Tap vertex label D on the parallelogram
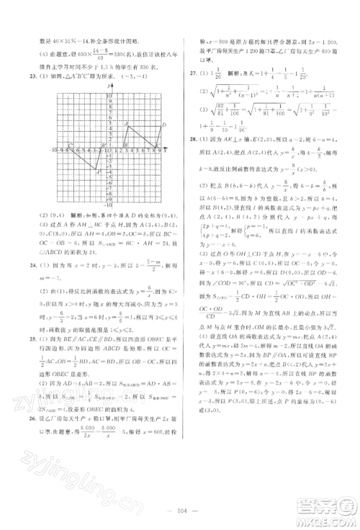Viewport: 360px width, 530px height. (x=164, y=125)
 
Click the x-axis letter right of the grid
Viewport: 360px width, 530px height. (x=167, y=152)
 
